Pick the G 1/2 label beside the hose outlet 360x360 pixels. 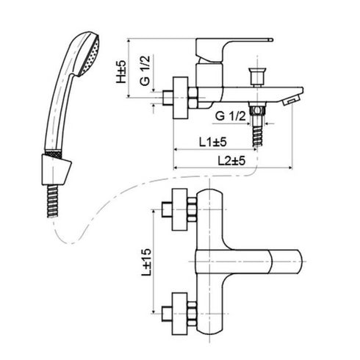230,116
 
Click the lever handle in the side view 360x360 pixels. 242,43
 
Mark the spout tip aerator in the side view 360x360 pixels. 292,98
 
